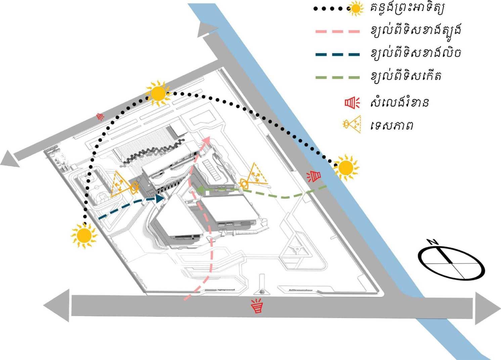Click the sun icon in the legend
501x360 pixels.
click(x=355, y=9)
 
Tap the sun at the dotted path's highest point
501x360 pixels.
click(x=157, y=94)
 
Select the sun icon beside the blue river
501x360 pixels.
click(x=346, y=168)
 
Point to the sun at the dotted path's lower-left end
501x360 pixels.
click(x=84, y=236)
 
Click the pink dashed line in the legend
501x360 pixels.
click(x=337, y=32)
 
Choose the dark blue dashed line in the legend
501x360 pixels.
click(x=337, y=54)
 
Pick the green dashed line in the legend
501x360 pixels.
click(x=337, y=78)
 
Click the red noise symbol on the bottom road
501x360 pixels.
click(x=257, y=306)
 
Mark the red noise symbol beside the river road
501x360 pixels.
click(x=315, y=176)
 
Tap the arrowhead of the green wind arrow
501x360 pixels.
click(x=199, y=191)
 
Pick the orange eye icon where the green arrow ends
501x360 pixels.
click(x=244, y=183)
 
